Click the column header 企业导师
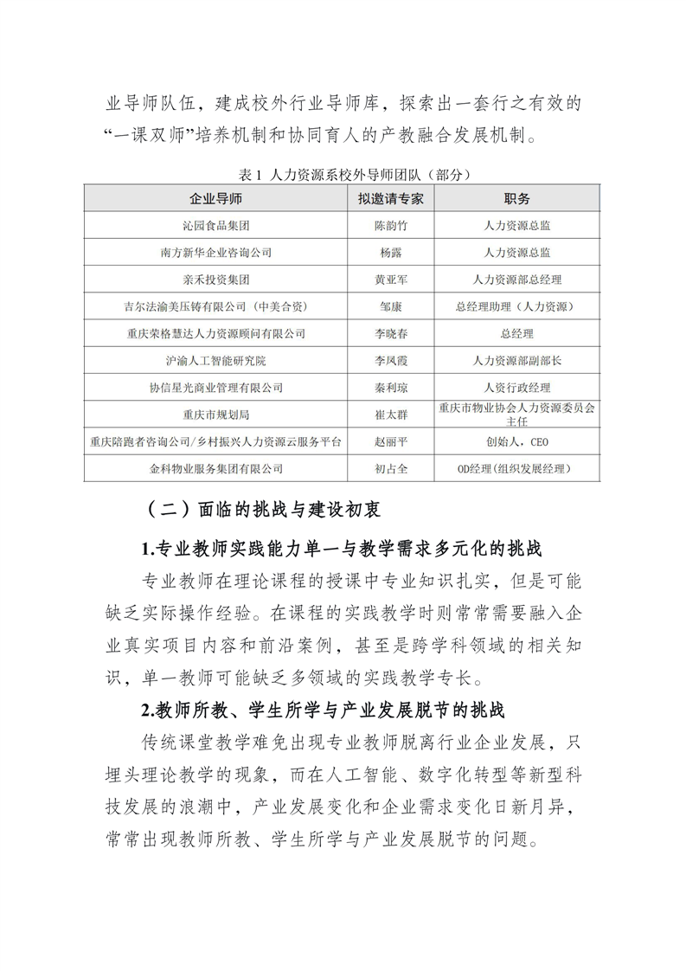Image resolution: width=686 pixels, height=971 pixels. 216,198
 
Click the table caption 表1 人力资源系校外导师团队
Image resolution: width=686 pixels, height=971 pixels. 343,175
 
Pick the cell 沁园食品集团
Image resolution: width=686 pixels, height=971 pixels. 216,225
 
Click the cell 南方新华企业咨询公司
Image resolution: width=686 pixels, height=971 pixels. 216,253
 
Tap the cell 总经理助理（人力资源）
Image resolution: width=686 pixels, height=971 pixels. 516,306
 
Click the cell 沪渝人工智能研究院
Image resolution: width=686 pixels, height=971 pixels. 216,360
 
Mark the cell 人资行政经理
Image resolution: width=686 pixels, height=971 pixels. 516,388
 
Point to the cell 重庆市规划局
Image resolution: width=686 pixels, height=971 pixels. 216,415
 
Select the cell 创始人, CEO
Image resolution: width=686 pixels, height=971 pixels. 516,441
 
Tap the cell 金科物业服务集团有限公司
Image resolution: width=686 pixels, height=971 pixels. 216,468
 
